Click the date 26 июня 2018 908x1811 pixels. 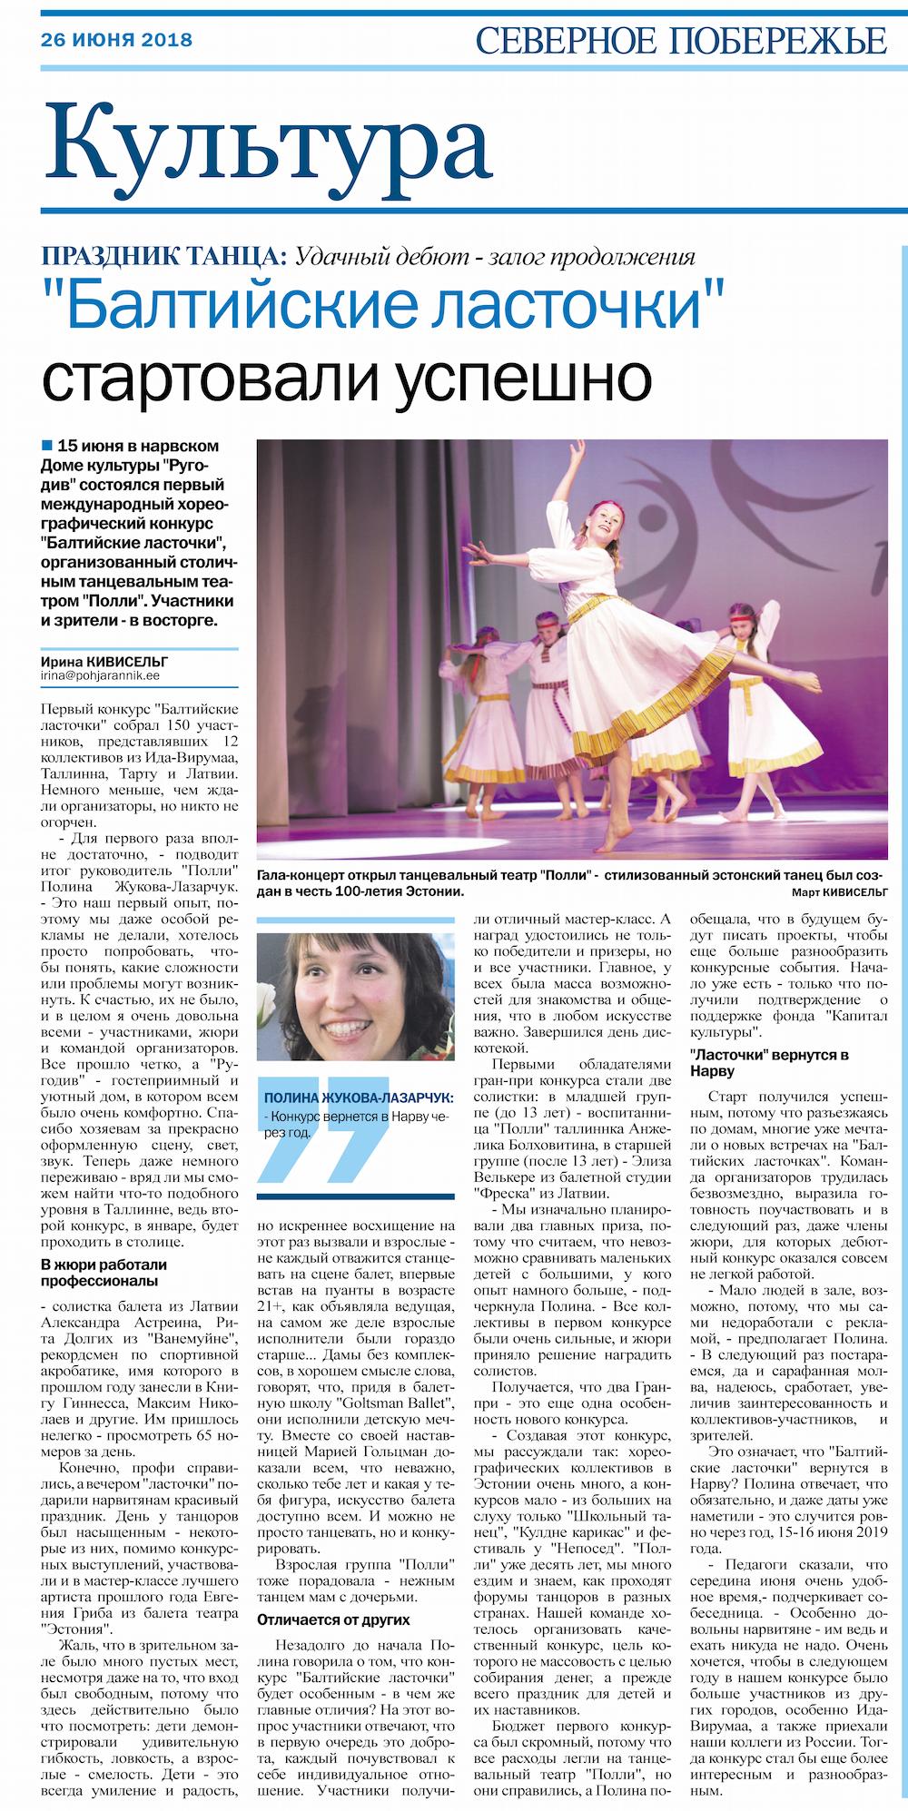tap(116, 40)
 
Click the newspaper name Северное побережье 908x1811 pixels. tap(680, 40)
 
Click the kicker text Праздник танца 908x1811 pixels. tap(163, 255)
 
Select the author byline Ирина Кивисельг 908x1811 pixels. tap(104, 662)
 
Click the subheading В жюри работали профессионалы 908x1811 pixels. tap(103, 1272)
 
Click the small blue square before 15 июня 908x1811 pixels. tap(46, 446)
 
